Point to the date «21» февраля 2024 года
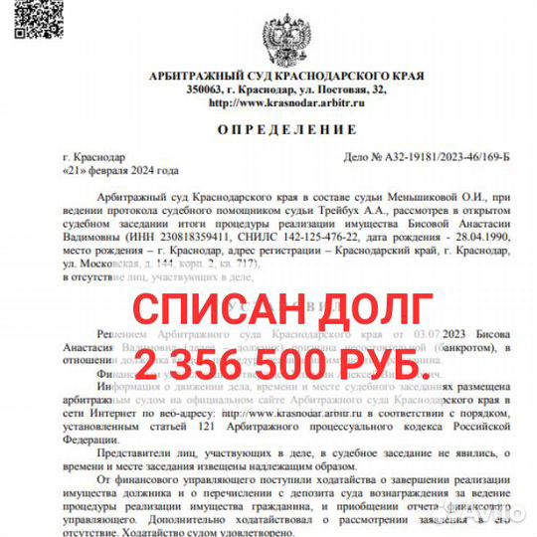click(119, 171)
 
